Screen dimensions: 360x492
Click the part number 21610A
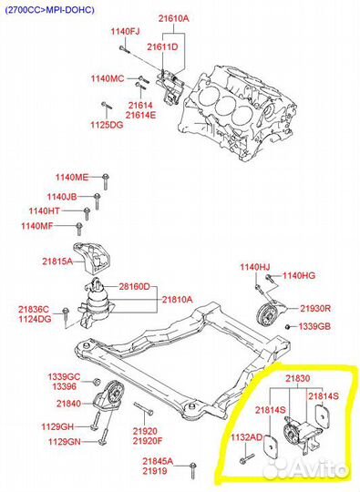pyautogui.click(x=173, y=18)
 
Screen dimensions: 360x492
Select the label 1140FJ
pyautogui.click(x=125, y=31)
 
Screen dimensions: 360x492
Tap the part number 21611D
pyautogui.click(x=162, y=47)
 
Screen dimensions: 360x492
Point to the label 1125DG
pyautogui.click(x=107, y=125)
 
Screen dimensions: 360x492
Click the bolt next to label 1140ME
pyautogui.click(x=106, y=181)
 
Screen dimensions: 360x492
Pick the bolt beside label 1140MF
pyautogui.click(x=79, y=229)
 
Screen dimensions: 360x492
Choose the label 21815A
pyautogui.click(x=57, y=261)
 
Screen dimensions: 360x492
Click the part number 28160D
pyautogui.click(x=134, y=286)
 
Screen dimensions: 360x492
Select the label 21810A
pyautogui.click(x=178, y=300)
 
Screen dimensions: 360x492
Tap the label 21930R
pyautogui.click(x=315, y=309)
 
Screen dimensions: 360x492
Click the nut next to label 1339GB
pyautogui.click(x=287, y=327)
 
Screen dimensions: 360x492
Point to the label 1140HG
pyautogui.click(x=299, y=276)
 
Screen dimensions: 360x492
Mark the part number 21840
pyautogui.click(x=68, y=404)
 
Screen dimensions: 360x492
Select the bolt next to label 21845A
pyautogui.click(x=193, y=471)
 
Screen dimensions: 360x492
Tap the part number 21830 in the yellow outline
pyautogui.click(x=297, y=379)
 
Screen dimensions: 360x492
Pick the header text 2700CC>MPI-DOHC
pyautogui.click(x=49, y=10)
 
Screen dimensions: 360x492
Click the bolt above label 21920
pyautogui.click(x=144, y=409)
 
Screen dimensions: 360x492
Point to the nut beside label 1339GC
pyautogui.click(x=97, y=382)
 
